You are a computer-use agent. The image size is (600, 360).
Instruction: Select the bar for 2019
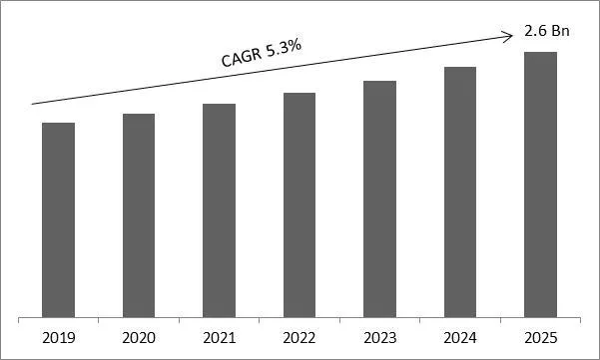coord(58,219)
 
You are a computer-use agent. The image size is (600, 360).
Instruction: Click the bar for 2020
coord(139,215)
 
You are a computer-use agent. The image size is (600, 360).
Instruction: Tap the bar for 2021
coord(219,210)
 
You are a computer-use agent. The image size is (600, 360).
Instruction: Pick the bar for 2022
coord(300,204)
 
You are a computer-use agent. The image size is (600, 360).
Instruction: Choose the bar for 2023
coord(379,198)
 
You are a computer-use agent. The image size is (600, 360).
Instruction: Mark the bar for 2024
coord(460,191)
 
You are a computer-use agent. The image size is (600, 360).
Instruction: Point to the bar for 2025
coord(540,184)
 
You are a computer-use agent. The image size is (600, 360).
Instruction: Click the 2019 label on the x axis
coord(58,337)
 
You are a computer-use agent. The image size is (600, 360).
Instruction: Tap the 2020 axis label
coord(139,337)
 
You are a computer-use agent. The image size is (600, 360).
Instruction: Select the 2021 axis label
coord(219,337)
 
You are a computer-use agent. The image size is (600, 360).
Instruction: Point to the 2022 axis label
coord(300,337)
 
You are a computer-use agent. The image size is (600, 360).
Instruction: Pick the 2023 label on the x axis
coord(379,337)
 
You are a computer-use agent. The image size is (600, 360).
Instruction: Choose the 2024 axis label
coord(460,337)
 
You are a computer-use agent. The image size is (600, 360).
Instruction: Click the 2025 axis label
coord(540,337)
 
